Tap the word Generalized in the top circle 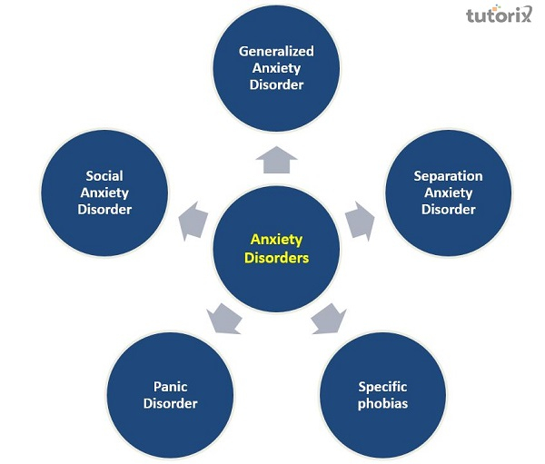coord(276,52)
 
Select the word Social coord(104,175)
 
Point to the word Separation coord(448,175)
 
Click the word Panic coord(170,387)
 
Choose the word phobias coord(382,403)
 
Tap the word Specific coord(382,387)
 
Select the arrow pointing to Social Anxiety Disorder coord(194,221)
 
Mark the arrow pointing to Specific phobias coord(329,317)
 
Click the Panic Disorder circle coord(170,395)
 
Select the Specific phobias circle coord(382,395)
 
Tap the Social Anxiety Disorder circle coord(104,193)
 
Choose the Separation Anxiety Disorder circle coord(448,193)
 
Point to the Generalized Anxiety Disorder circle coord(276,68)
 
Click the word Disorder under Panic coord(170,403)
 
